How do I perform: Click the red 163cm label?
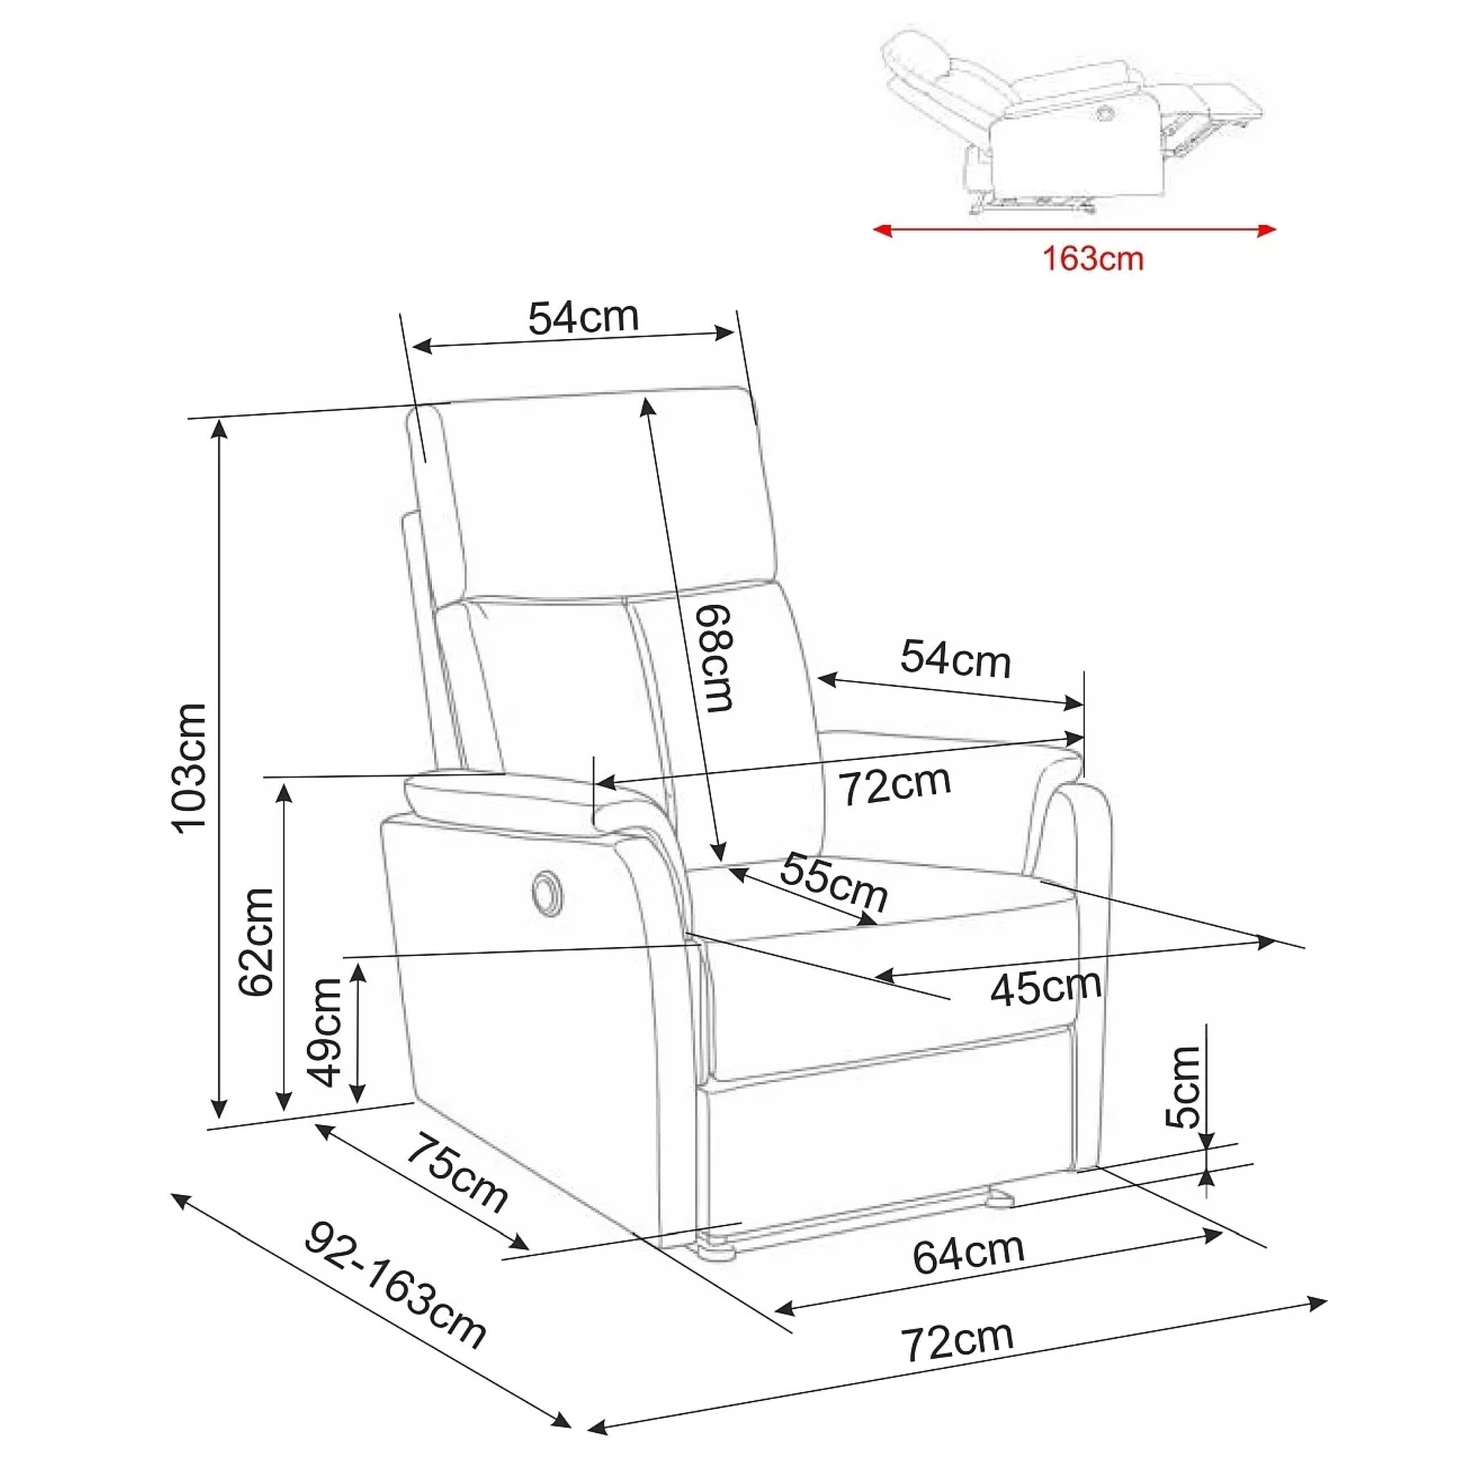1093,259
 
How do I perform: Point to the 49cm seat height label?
324,1032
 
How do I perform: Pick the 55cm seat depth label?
833,883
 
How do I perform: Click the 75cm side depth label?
457,1174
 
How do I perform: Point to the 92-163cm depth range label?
394,1285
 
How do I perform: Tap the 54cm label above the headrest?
583,317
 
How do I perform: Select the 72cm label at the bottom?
957,1340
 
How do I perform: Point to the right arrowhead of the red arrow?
1267,230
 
